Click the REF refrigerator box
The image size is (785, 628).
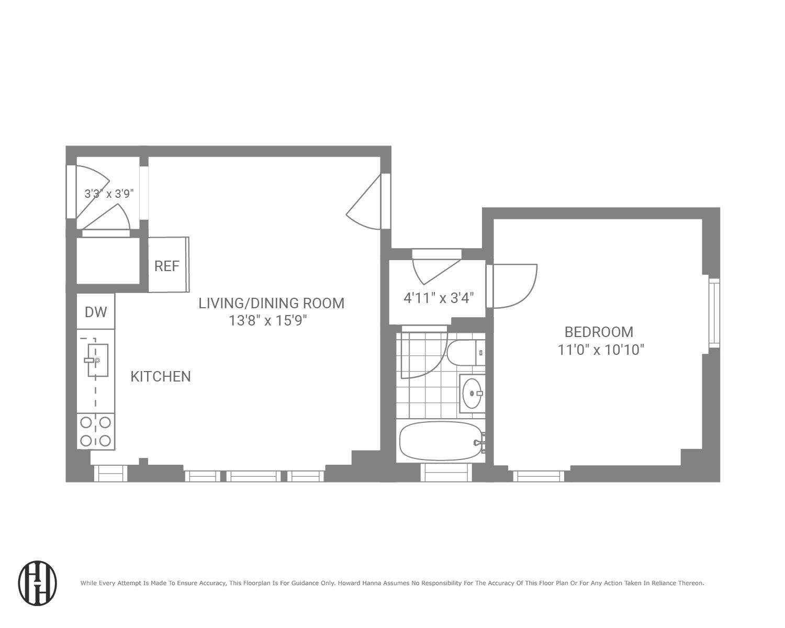[167, 265]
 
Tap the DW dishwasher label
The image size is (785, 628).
[96, 312]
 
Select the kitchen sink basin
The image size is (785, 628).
[97, 360]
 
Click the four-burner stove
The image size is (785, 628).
[96, 431]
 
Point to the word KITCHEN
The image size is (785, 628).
[160, 376]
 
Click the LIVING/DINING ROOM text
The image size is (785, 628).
[271, 303]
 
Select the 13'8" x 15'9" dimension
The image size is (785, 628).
[267, 320]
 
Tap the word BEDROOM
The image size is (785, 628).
[598, 332]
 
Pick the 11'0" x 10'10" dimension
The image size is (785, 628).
[600, 350]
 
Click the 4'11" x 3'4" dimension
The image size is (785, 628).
[439, 298]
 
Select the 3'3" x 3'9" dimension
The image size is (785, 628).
[109, 194]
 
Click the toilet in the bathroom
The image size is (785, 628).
[465, 353]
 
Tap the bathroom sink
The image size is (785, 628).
[473, 393]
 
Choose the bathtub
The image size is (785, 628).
[440, 441]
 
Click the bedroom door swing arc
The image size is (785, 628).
[515, 286]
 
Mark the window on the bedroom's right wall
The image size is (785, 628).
[714, 312]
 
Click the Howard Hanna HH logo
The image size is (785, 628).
[37, 584]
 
